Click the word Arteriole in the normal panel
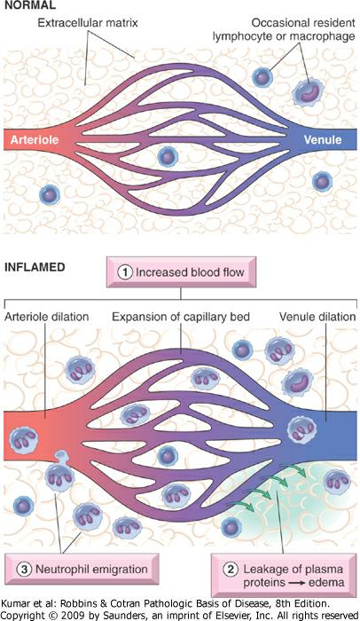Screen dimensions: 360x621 pos(35,139)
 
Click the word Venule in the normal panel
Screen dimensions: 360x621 pos(323,139)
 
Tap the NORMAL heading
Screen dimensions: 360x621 pos(30,5)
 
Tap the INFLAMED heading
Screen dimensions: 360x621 pos(35,267)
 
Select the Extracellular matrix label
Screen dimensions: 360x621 pos(88,22)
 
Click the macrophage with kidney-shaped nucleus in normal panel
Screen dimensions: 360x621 pos(308,93)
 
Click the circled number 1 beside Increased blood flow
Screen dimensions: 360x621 pos(125,272)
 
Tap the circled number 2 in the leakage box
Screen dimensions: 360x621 pos(231,570)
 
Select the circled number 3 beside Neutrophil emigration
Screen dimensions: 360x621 pos(24,570)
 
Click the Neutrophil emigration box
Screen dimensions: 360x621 pos(82,570)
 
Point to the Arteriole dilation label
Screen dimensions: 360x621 pos(46,317)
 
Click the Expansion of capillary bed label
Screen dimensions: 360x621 pos(181,317)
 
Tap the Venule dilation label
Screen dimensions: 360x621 pos(317,317)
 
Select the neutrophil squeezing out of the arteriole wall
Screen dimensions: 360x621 pos(59,473)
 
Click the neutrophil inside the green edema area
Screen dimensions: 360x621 pos(337,481)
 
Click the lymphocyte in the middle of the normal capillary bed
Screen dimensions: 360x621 pos(168,157)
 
